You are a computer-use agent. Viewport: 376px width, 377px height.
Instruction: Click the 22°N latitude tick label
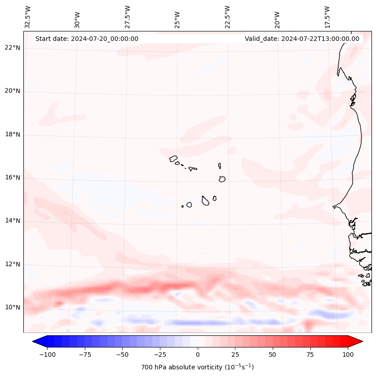pyautogui.click(x=13, y=48)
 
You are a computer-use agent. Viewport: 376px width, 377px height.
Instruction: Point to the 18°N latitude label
pyautogui.click(x=13, y=134)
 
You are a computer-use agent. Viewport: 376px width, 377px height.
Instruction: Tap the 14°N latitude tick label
pyautogui.click(x=13, y=221)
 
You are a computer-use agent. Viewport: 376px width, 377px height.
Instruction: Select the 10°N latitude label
pyautogui.click(x=13, y=307)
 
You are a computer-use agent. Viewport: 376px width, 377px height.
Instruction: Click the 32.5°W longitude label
pyautogui.click(x=28, y=17)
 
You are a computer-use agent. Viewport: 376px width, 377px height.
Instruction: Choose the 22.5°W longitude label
pyautogui.click(x=227, y=17)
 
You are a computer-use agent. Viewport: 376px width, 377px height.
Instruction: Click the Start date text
pyautogui.click(x=87, y=39)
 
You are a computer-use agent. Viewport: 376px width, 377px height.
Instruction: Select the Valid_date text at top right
pyautogui.click(x=302, y=39)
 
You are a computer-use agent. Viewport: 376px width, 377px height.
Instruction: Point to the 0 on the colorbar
pyautogui.click(x=198, y=355)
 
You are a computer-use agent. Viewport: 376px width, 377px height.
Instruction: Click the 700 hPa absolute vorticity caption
pyautogui.click(x=198, y=367)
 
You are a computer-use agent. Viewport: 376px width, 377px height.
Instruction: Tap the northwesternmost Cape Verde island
pyautogui.click(x=173, y=159)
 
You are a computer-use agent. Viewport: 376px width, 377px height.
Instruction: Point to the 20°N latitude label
pyautogui.click(x=13, y=91)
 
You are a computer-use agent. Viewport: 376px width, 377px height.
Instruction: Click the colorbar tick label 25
pyautogui.click(x=235, y=355)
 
